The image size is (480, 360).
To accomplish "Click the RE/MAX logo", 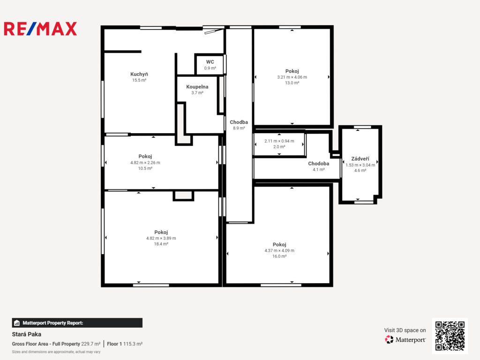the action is point(40,29).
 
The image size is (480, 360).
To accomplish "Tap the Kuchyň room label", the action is point(139,74).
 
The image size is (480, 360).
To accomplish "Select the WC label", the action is point(210,62).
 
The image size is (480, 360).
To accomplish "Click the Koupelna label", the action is point(197,87).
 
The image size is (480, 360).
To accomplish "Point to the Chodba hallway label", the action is point(239,122).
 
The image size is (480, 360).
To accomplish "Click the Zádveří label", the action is point(360,158).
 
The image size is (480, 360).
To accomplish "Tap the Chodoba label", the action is point(319,164).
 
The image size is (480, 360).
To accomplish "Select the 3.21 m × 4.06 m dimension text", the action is point(292,77).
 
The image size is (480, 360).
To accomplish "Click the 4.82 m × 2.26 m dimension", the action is point(145,163).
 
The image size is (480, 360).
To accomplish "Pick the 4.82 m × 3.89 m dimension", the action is point(161,238).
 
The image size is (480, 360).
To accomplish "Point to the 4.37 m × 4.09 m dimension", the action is point(279,250).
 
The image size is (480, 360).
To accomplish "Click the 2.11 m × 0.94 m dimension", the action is point(279,141).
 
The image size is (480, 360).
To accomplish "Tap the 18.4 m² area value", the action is point(161,244).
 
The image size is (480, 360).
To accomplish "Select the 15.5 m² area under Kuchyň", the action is point(139,80).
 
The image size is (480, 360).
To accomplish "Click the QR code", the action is point(450,336).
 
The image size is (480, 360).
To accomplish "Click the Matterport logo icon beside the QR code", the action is point(389,339).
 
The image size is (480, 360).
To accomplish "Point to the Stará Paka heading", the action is point(27,334).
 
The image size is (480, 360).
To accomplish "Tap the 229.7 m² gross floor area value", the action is point(90,344).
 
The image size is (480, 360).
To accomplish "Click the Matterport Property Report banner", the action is point(77,323).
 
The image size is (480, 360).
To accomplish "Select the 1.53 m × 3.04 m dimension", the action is point(360,165).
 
